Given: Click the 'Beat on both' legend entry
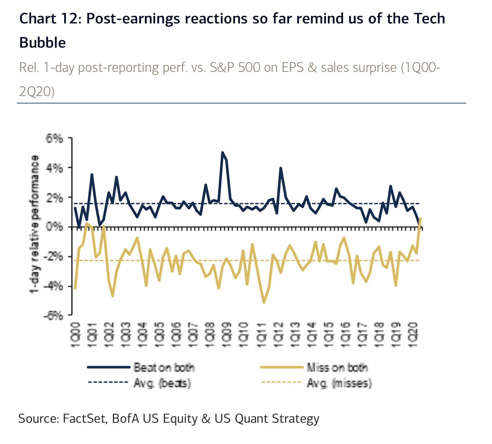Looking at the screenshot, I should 164,367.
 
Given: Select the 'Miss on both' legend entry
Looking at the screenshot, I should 337,367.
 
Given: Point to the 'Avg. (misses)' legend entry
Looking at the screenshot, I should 339,383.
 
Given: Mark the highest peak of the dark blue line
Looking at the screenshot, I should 223,152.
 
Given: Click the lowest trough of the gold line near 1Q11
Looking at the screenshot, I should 264,302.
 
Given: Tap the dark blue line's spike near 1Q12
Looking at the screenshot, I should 280,168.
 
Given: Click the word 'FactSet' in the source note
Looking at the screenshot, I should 85,418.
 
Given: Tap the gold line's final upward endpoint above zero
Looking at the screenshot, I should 420,219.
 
